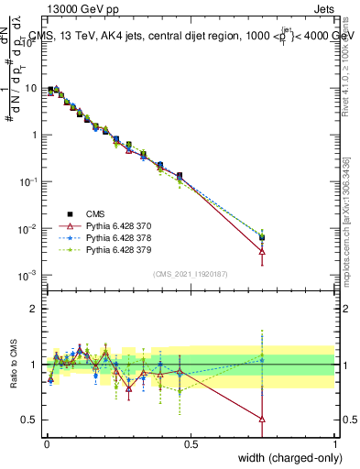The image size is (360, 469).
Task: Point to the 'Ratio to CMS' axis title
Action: pos(15,364)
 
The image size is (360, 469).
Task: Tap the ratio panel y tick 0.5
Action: pos(30,420)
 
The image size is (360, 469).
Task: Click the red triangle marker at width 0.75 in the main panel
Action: pos(263,250)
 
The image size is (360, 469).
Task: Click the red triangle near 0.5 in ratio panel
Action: pos(263,419)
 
